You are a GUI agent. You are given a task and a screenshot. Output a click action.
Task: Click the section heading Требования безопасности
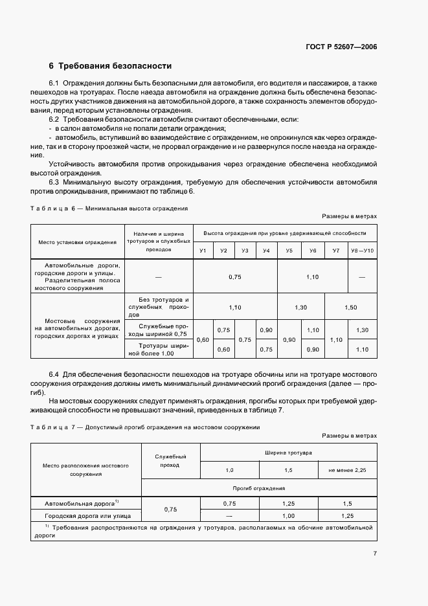pyautogui.click(x=115, y=66)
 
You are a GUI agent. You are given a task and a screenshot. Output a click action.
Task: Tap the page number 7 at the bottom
pyautogui.click(x=375, y=554)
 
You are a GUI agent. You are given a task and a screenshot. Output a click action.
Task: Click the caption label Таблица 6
pyautogui.click(x=52, y=209)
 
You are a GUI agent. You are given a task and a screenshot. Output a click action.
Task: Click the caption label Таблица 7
pyautogui.click(x=52, y=427)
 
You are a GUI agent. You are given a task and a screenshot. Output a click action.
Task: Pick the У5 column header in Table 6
pyautogui.click(x=289, y=251)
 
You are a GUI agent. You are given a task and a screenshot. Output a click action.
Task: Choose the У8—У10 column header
pyautogui.click(x=362, y=251)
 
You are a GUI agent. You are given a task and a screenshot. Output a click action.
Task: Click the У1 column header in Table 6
pyautogui.click(x=203, y=251)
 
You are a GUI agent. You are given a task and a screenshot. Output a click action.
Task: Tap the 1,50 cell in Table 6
pyautogui.click(x=350, y=308)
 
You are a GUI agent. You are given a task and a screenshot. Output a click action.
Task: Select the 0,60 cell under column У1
pyautogui.click(x=203, y=339)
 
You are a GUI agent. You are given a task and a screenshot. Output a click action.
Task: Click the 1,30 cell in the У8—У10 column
pyautogui.click(x=362, y=330)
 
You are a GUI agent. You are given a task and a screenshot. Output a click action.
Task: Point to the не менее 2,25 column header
pyautogui.click(x=347, y=469)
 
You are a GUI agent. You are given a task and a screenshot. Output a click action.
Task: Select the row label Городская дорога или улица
pyautogui.click(x=87, y=516)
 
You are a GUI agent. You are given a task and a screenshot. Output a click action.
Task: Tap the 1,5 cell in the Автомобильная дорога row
pyautogui.click(x=347, y=503)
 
